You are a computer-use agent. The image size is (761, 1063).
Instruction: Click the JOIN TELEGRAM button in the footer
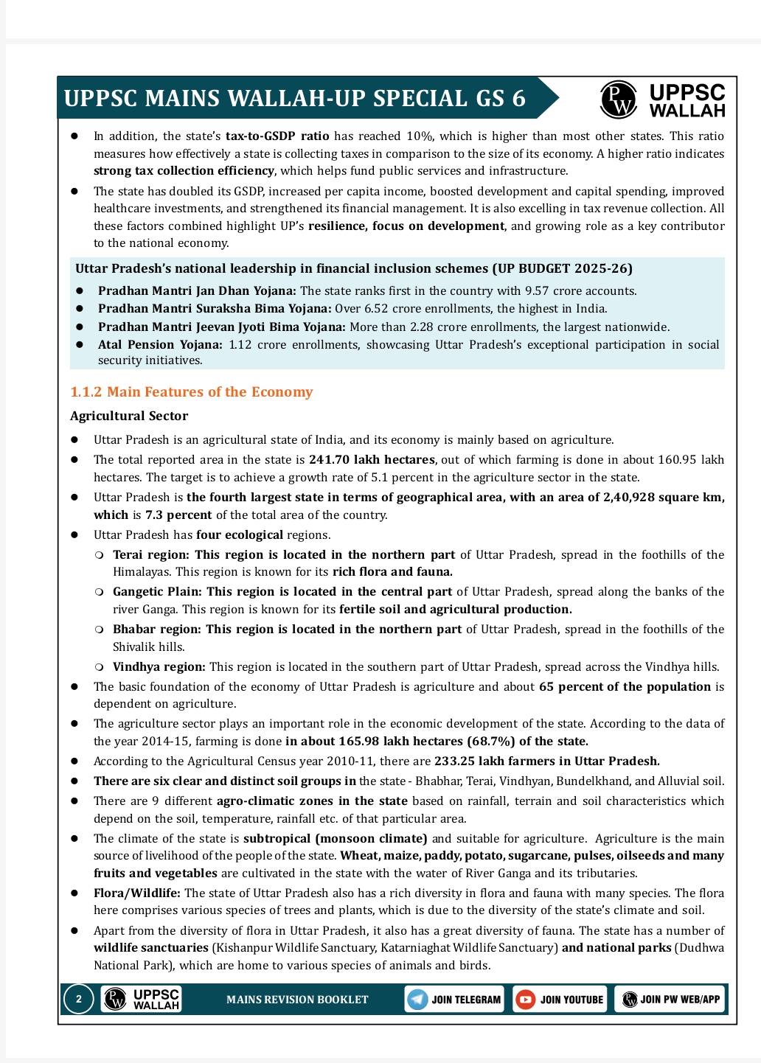(454, 1000)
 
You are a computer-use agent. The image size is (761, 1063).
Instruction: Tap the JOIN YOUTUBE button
(560, 1000)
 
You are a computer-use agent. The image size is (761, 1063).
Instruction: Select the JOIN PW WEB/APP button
(670, 1000)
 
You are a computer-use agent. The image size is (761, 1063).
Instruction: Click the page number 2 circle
(78, 1000)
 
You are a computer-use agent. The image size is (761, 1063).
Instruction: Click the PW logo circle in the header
(618, 99)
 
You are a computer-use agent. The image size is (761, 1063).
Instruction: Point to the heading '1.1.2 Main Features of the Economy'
(192, 392)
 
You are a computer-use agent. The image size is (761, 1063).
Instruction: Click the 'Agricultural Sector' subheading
(129, 416)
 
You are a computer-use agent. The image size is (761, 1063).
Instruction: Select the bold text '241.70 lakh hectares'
(372, 460)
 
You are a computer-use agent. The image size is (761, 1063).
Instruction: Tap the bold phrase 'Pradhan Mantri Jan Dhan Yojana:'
(197, 291)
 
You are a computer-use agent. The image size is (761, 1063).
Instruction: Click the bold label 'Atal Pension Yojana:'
(160, 344)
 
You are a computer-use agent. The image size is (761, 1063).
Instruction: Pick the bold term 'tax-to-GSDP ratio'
(277, 136)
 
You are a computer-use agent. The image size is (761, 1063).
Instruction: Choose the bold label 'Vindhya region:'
(159, 667)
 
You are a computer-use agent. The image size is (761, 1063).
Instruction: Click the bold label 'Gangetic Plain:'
(158, 592)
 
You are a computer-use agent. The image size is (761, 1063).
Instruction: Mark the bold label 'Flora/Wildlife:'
(136, 893)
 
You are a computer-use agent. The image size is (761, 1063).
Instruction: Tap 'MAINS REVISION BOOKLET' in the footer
(297, 1000)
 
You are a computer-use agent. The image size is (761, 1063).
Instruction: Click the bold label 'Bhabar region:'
(157, 630)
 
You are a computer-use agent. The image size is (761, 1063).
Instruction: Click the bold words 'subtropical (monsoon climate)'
(336, 839)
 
